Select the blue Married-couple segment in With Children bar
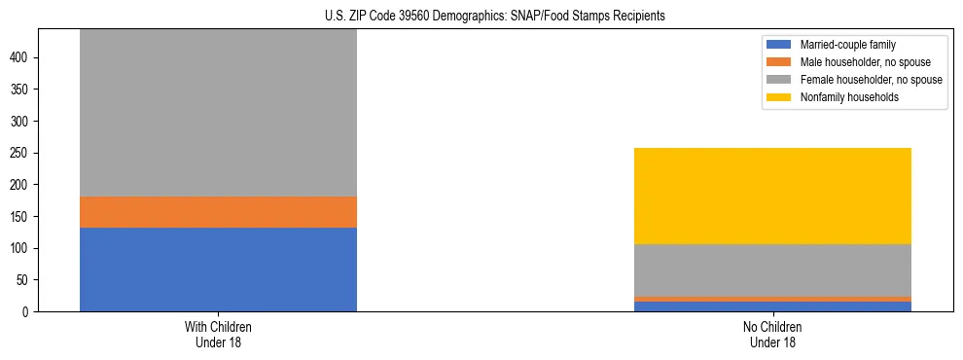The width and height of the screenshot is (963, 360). (x=218, y=270)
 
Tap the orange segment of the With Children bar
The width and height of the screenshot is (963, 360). (x=218, y=212)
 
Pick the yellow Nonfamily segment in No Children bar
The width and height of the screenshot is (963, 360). (x=772, y=196)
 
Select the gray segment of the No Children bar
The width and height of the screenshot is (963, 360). (x=772, y=270)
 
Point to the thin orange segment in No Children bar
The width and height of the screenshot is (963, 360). (x=772, y=299)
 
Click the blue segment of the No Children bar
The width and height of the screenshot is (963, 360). (x=772, y=306)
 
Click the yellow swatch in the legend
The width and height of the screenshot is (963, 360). (x=779, y=97)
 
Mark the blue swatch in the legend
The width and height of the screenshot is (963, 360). (x=779, y=45)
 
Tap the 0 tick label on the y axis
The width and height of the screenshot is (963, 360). (x=28, y=312)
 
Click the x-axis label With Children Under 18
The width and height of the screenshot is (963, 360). (x=218, y=335)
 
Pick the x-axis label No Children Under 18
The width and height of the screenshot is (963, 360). (x=772, y=335)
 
